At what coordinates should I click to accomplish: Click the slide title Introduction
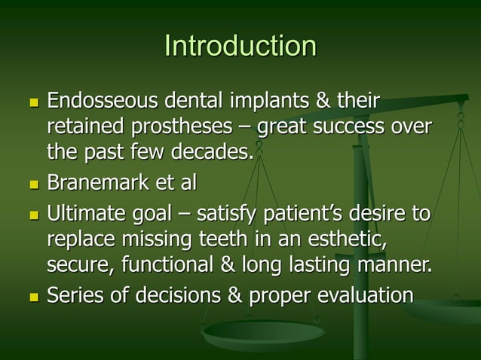[240, 46]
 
